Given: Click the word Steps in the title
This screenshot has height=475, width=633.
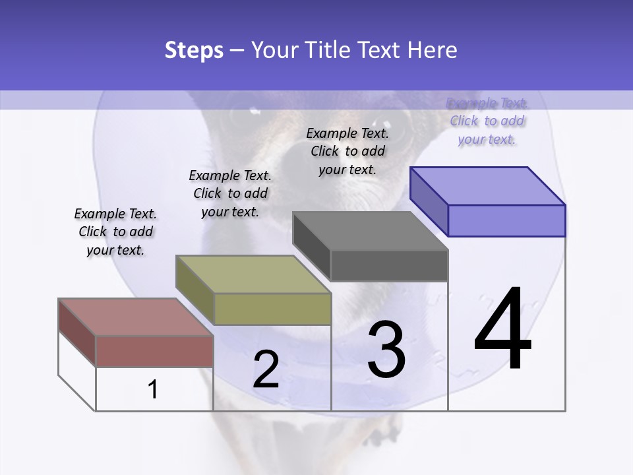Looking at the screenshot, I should click(194, 50).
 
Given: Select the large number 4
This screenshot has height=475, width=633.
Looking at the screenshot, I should click(502, 330).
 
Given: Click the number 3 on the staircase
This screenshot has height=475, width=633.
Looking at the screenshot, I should click(386, 350).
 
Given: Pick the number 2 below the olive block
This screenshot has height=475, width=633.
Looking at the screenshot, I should click(266, 369).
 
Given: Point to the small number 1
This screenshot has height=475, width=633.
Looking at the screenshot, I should click(153, 390).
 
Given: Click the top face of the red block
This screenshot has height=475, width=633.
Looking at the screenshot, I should click(135, 317).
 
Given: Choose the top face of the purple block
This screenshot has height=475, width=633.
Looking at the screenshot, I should click(487, 185).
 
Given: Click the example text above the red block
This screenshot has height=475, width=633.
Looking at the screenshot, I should click(115, 232).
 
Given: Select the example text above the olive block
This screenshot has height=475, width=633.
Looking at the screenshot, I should click(230, 193).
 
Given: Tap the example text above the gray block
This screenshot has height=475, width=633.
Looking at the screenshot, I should click(347, 151).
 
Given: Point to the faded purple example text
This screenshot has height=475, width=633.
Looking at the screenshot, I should click(487, 121).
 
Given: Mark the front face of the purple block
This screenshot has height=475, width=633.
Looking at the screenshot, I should click(506, 220).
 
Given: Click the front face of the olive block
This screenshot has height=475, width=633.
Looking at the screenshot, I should click(272, 309).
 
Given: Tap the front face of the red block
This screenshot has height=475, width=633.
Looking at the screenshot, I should click(154, 351).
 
